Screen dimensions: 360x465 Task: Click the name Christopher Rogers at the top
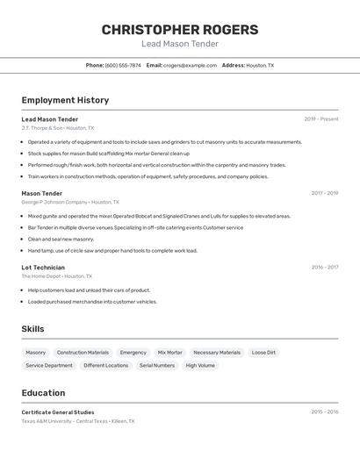(180, 29)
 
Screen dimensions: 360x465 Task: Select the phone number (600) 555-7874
(123, 65)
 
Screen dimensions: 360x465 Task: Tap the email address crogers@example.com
(190, 65)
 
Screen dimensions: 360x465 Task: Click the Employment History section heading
(65, 100)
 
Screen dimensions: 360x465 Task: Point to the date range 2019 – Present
(320, 119)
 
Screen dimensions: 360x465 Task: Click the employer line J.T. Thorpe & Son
(58, 128)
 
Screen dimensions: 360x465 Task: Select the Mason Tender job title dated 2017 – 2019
(42, 193)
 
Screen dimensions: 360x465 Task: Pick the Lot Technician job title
(43, 267)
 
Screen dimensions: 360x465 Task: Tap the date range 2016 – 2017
(324, 267)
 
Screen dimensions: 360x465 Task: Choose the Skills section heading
(33, 329)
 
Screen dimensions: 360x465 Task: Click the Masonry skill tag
(36, 353)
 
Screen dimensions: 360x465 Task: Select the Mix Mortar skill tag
(170, 353)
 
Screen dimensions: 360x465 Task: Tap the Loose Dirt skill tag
(263, 353)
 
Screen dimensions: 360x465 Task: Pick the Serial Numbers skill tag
(157, 365)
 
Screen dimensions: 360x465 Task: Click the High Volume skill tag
(200, 365)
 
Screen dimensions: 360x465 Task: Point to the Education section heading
(44, 393)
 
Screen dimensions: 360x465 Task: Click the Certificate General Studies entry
(58, 412)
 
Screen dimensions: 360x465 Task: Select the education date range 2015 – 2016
(324, 411)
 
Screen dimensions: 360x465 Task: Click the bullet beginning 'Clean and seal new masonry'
(61, 239)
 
